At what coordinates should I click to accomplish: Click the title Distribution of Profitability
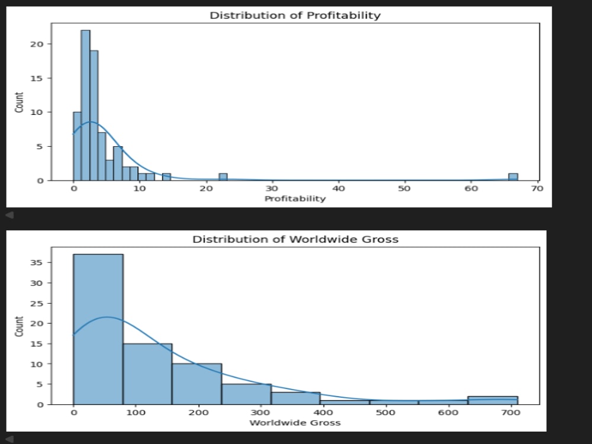[x=295, y=15]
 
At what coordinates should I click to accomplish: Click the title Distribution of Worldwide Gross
[x=295, y=239]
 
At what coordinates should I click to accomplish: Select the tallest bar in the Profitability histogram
[x=85, y=105]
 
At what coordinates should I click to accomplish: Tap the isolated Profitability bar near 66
[x=513, y=177]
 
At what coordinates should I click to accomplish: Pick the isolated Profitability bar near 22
[x=223, y=177]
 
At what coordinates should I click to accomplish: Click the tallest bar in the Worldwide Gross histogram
[x=98, y=329]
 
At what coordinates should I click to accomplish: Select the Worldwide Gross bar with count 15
[x=147, y=374]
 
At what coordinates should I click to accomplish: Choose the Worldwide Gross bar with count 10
[x=197, y=384]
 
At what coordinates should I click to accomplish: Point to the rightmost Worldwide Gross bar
[x=493, y=400]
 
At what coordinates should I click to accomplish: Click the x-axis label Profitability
[x=295, y=198]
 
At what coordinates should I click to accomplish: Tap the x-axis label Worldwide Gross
[x=295, y=423]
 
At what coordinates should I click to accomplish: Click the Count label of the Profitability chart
[x=19, y=102]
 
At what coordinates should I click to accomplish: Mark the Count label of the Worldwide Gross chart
[x=19, y=326]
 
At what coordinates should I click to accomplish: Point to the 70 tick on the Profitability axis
[x=538, y=188]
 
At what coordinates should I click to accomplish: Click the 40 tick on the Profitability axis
[x=339, y=188]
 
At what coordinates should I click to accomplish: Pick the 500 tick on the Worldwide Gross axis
[x=385, y=412]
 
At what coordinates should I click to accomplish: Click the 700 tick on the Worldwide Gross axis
[x=510, y=412]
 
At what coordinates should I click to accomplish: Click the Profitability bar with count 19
[x=94, y=115]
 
